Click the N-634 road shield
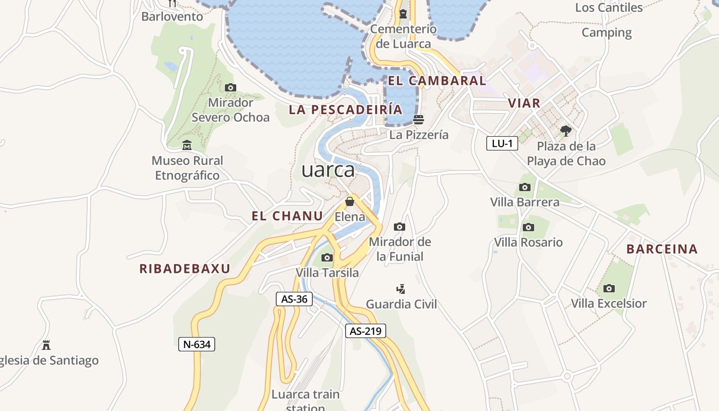[x=197, y=344]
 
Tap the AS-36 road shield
[x=294, y=299]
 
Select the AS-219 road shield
[x=365, y=331]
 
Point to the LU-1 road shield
[x=502, y=143]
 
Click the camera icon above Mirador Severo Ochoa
[x=231, y=88]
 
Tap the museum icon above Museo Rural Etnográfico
[x=187, y=145]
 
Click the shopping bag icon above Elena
[x=350, y=201]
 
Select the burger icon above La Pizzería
[x=419, y=120]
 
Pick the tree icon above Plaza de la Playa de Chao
[x=566, y=131]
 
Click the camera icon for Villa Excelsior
[x=609, y=288]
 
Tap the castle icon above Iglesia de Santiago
[x=46, y=345]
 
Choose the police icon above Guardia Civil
[x=401, y=289]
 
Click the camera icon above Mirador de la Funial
[x=400, y=227]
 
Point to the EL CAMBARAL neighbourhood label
[x=437, y=81]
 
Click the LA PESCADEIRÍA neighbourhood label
[x=346, y=109]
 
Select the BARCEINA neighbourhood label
[x=662, y=249]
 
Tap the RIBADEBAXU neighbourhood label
[x=185, y=269]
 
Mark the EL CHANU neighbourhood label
[x=287, y=216]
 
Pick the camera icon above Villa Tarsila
[x=327, y=257]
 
